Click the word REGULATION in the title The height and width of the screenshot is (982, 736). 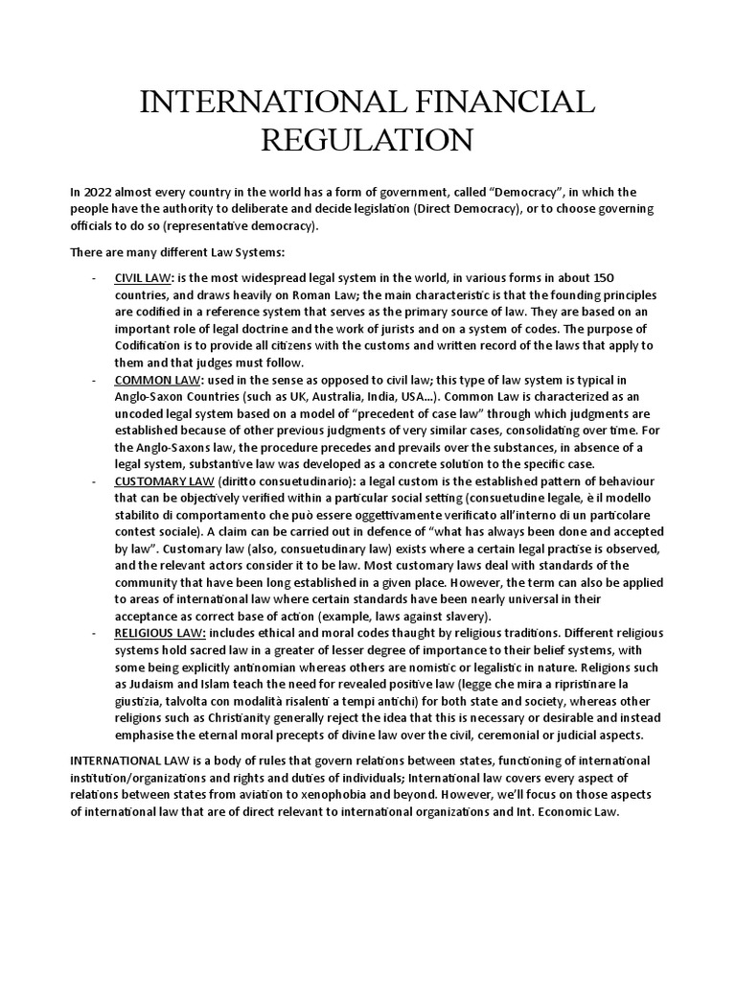pyautogui.click(x=368, y=141)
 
